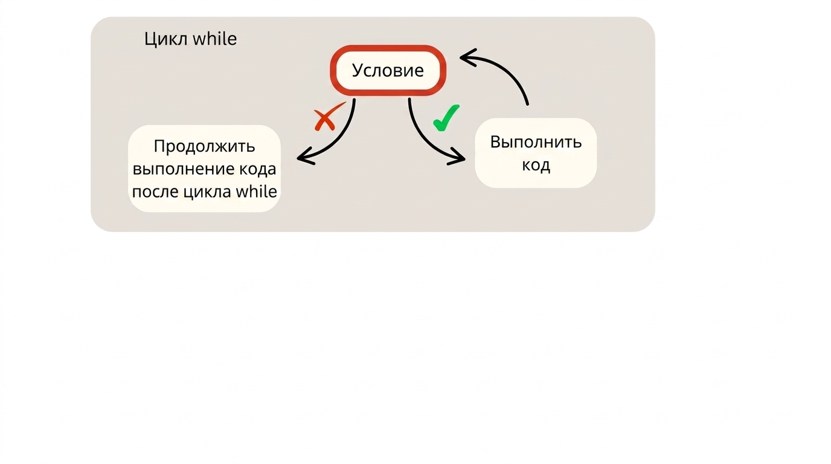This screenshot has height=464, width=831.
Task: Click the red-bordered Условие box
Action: coord(388,71)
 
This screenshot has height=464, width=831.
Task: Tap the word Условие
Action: coord(388,70)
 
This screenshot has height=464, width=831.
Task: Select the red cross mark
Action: coord(327,117)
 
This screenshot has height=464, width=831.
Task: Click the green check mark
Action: coord(446,118)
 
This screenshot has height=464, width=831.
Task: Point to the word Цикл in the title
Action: coord(165,39)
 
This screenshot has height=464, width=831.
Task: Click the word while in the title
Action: coord(215,38)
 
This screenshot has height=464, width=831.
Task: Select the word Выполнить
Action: coord(536,142)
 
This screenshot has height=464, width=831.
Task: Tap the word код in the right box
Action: coord(536,165)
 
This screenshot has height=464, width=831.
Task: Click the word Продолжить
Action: coord(204,147)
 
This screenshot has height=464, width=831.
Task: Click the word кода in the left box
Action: coord(257,169)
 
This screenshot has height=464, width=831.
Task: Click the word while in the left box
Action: coord(256,191)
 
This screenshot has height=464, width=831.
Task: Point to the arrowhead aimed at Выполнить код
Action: coord(457,157)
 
